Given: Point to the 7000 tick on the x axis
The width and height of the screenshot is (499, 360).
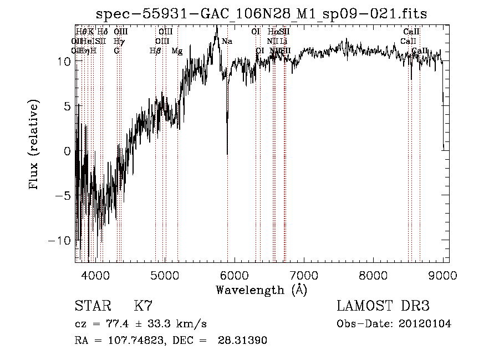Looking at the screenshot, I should tap(304, 275).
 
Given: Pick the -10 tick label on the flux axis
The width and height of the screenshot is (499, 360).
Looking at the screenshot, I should tap(60, 241).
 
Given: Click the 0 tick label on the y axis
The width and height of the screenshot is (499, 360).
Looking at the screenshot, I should tap(67, 151).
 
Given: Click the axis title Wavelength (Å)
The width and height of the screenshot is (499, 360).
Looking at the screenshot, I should tap(261, 290).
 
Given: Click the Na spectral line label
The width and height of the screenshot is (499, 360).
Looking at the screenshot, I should tap(227, 41).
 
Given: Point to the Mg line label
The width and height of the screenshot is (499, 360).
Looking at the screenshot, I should tap(177, 51).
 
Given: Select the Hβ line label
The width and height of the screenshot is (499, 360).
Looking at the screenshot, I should tap(155, 51).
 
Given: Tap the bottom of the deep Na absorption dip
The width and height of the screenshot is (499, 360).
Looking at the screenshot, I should tap(227, 154).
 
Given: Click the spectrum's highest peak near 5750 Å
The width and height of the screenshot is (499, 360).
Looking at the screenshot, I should tap(216, 26).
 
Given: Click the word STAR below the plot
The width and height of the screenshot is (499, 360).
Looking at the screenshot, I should tap(92, 306).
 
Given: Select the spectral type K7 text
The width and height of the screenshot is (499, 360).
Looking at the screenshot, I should tap(143, 306).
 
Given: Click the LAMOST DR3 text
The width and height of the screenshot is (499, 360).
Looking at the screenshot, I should tap(383, 306).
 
